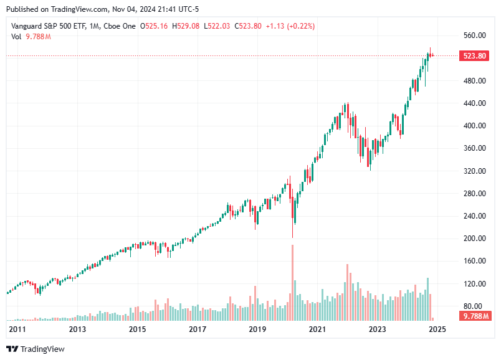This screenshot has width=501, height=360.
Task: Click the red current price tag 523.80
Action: click(474, 56)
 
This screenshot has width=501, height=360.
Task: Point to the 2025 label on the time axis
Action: click(437, 329)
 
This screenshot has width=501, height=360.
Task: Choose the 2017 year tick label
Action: click(197, 329)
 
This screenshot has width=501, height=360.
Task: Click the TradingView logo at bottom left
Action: click(36, 349)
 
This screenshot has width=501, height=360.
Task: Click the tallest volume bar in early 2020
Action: click(292, 274)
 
